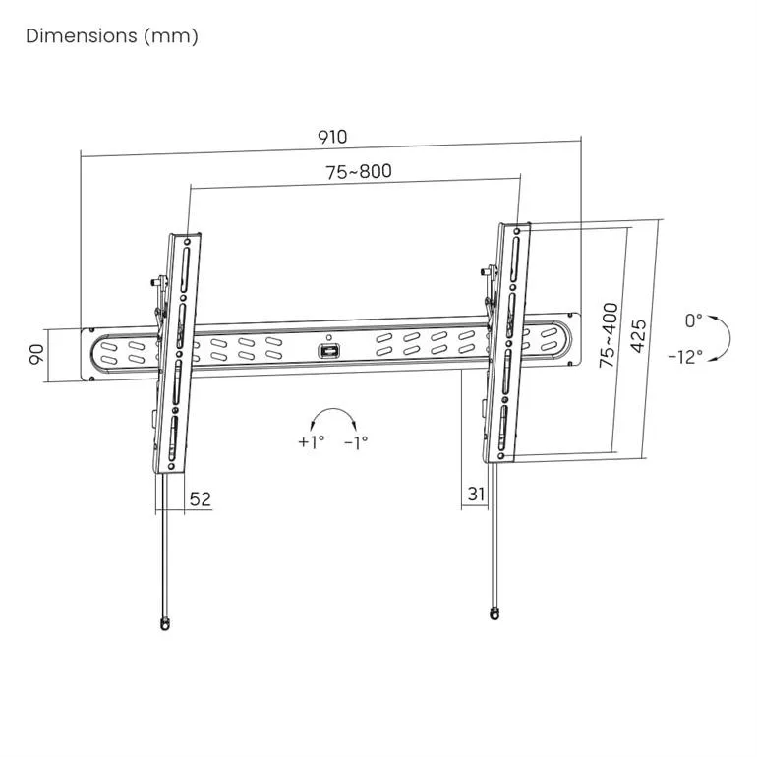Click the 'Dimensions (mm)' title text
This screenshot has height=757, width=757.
point(111,36)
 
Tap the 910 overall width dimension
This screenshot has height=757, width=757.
point(331,137)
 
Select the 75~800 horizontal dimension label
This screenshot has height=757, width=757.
point(359,171)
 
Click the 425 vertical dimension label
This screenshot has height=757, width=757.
point(637,337)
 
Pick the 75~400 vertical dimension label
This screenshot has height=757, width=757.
point(609,335)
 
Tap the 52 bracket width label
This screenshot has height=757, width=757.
point(200,499)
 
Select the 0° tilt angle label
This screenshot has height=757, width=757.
point(694,320)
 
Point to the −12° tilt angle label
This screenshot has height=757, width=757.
point(684,357)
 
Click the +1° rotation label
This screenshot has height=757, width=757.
point(311,442)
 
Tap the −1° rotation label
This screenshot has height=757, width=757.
point(356,442)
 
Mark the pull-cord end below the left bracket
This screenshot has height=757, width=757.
point(163,621)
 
